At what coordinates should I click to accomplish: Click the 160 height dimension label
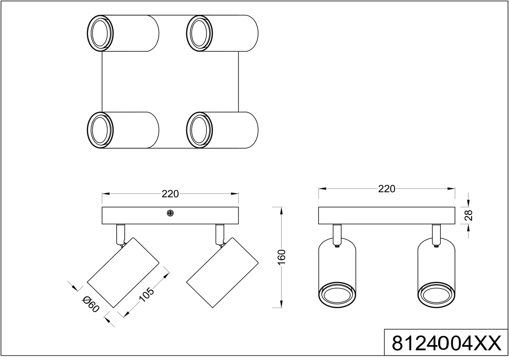[x=282, y=257]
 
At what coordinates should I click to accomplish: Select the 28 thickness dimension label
[x=469, y=215]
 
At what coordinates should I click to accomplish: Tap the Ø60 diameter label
[x=90, y=304]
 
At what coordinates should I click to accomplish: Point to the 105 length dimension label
[x=146, y=295]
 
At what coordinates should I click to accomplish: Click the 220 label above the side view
[x=170, y=194]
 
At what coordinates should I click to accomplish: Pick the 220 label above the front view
[x=387, y=189]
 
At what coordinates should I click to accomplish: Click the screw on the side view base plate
[x=170, y=213]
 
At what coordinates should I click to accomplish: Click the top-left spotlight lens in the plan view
[x=100, y=33]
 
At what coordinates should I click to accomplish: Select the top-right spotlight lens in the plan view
[x=199, y=33]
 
